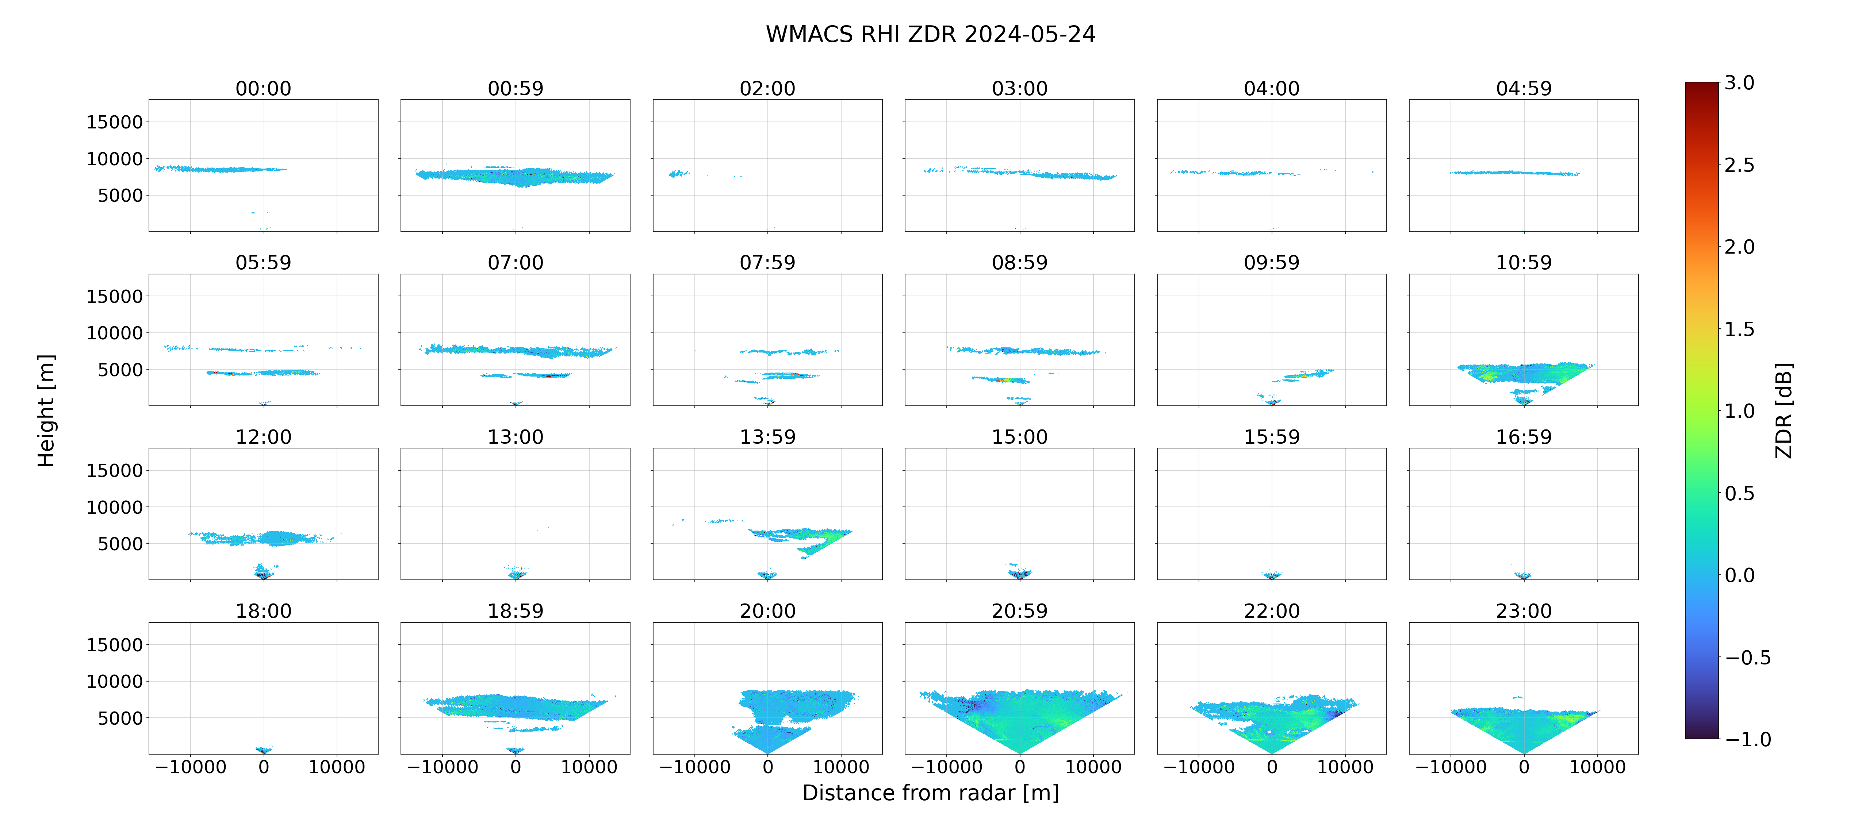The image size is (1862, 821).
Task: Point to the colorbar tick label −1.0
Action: tap(1748, 739)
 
